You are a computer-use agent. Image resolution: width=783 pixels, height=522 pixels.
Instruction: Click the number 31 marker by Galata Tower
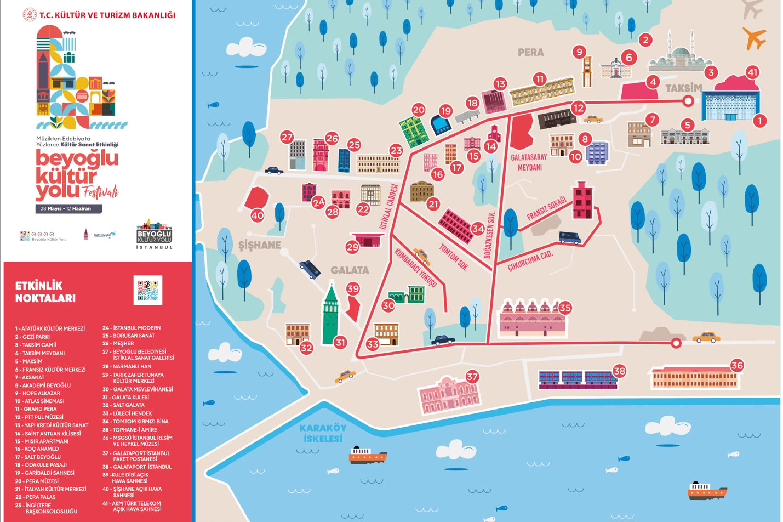coord(340,343)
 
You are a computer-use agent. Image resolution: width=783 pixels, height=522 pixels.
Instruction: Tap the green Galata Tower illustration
coord(330,315)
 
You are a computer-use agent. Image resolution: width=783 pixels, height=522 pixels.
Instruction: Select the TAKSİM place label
coord(683,88)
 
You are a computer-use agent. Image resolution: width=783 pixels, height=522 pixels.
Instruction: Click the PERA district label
coord(530,53)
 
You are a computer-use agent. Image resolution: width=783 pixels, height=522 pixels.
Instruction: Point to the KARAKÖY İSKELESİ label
coord(323,433)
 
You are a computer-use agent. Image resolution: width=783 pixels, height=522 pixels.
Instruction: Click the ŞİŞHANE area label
coord(260,245)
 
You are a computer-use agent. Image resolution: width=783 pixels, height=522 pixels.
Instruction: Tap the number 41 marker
coord(752,72)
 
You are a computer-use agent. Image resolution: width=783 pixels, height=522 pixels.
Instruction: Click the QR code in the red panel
coord(148,290)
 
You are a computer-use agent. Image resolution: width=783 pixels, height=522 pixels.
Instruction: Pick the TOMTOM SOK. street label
coord(454,258)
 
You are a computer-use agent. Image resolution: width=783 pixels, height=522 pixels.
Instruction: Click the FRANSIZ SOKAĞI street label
coord(546,209)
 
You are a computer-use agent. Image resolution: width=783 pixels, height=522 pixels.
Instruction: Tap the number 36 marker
coord(737,365)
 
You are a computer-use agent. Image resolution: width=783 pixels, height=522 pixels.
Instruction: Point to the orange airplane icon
coord(754,38)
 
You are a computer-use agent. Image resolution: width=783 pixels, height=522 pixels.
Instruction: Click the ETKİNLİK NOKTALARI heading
coord(45,292)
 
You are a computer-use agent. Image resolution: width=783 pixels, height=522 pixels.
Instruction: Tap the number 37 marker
coord(472,377)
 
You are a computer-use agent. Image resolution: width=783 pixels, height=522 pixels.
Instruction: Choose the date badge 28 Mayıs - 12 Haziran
coord(68,209)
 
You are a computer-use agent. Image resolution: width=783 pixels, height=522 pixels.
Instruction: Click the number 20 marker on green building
coord(419,110)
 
